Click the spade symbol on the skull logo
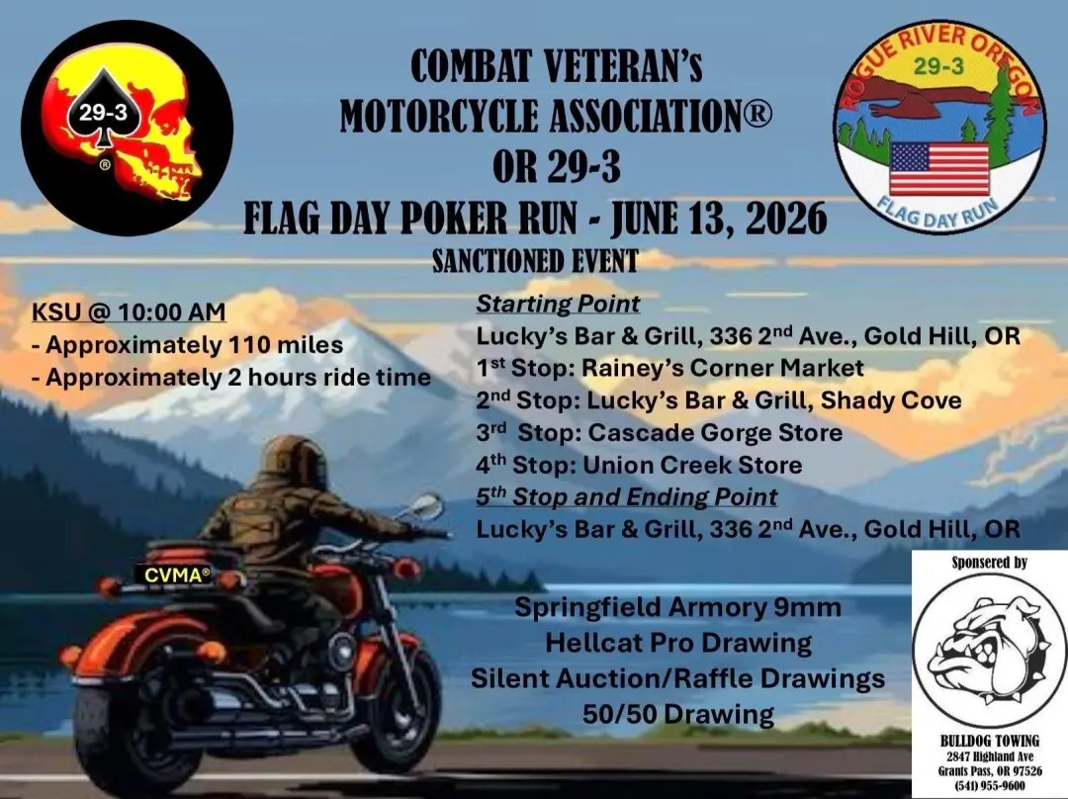[x=103, y=109]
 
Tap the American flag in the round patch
[x=939, y=169]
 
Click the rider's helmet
[x=294, y=462]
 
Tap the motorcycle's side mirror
[x=425, y=506]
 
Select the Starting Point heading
[x=558, y=304]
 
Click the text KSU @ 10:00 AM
[x=129, y=311]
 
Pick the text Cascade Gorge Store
[x=715, y=432]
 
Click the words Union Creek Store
[x=692, y=465]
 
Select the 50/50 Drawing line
[x=678, y=715]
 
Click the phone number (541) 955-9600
[x=990, y=786]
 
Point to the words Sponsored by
[x=990, y=563]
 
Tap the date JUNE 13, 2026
[x=719, y=219]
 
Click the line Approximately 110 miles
[x=188, y=345]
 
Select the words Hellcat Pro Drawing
[x=678, y=643]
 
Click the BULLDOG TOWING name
[x=990, y=741]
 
